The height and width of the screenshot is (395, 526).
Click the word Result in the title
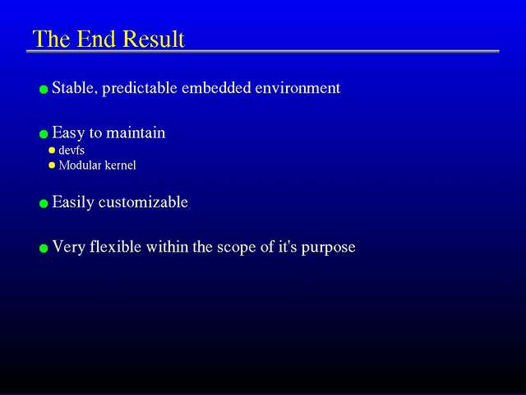154,39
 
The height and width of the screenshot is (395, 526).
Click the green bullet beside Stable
44,90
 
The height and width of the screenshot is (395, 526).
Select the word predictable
140,88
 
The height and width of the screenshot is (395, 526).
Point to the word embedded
216,88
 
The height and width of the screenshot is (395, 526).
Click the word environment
298,88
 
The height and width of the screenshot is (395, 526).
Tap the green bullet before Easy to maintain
44,134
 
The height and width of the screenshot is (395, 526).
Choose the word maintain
136,132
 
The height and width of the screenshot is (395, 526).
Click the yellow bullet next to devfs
52,150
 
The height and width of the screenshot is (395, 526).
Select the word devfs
72,150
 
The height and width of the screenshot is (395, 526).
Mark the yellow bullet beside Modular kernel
52,165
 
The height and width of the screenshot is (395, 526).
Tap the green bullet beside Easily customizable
44,203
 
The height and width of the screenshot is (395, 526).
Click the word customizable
143,202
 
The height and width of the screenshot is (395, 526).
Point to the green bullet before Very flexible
44,249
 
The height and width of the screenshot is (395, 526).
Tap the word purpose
328,248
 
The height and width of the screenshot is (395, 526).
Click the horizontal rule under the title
263,51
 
